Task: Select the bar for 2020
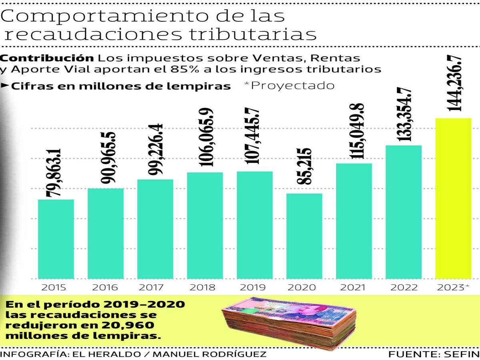[x=304, y=236]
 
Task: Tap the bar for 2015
[x=56, y=239]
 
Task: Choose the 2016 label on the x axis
[x=105, y=287]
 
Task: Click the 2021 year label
[x=354, y=287]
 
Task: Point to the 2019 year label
[x=254, y=287]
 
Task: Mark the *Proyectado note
[x=289, y=86]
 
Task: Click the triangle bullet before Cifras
[x=5, y=86]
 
